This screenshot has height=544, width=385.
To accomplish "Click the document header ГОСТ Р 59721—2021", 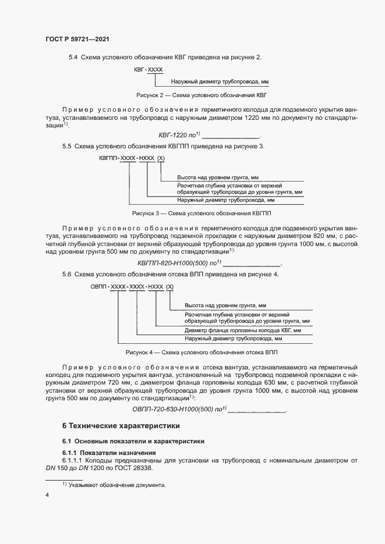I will coord(77,39).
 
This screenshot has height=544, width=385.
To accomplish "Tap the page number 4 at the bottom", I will coord(47,495).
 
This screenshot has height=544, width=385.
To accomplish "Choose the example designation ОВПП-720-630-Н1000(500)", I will coord(175,409).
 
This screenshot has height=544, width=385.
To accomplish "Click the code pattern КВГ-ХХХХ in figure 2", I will coord(148,69).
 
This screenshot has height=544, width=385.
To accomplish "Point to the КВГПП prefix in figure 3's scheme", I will coord(109,158).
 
